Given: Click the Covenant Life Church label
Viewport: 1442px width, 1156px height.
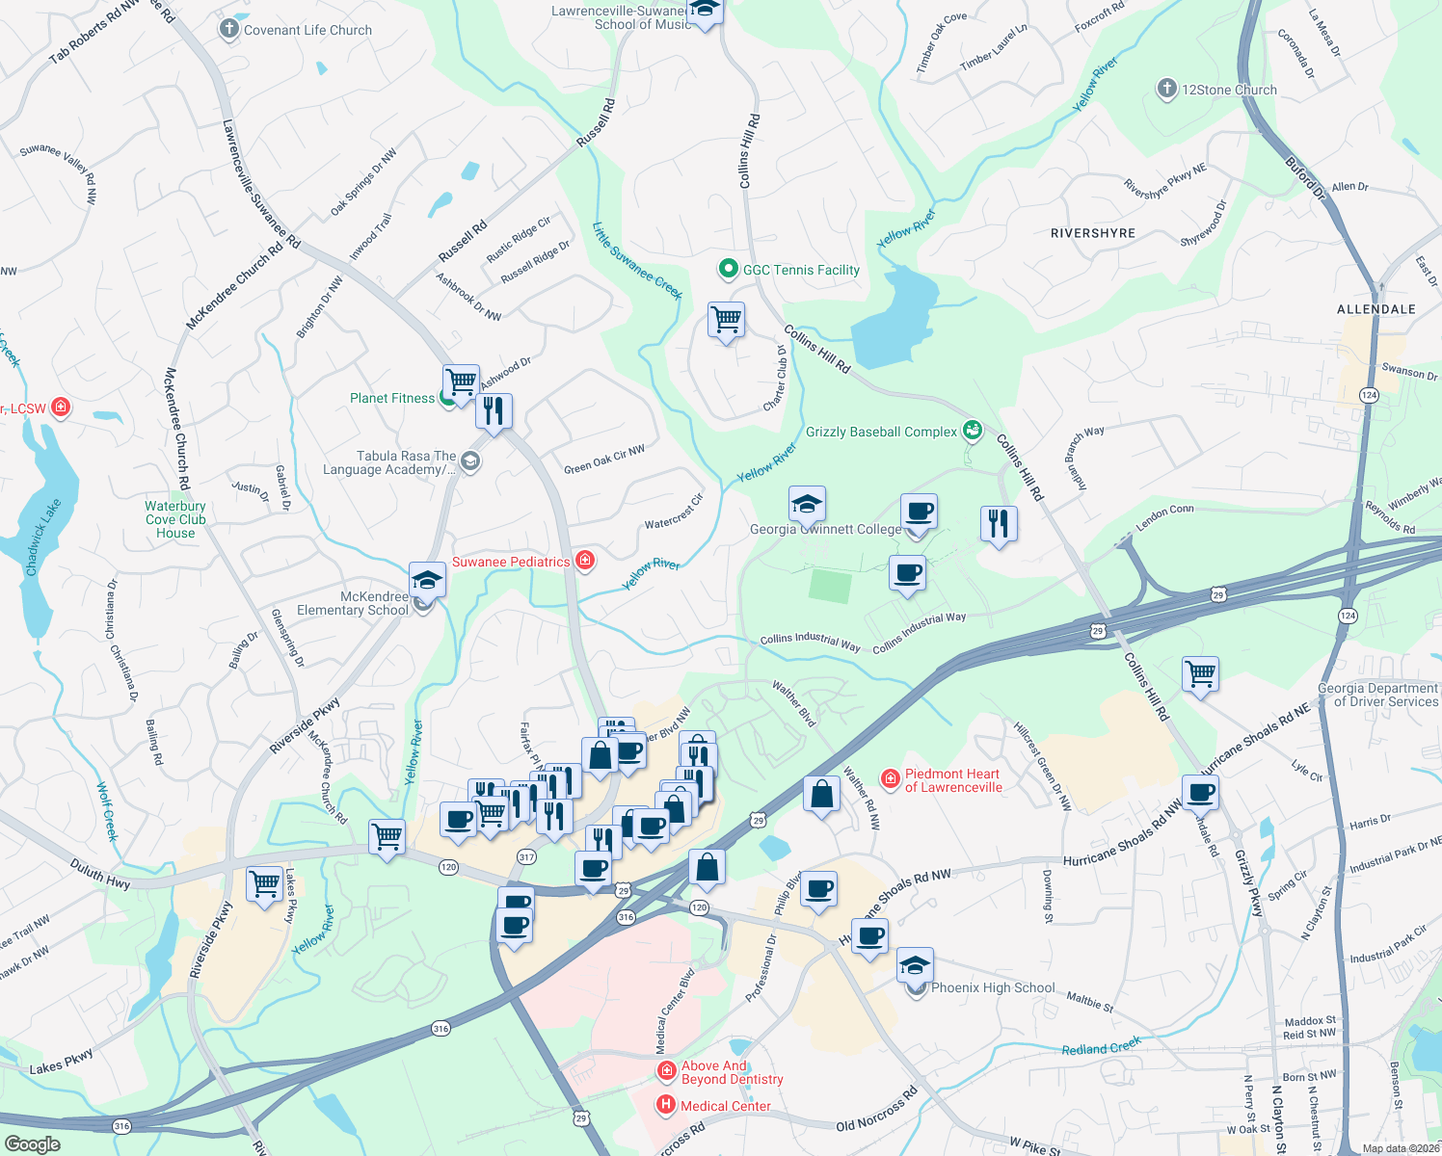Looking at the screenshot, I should pos(307,30).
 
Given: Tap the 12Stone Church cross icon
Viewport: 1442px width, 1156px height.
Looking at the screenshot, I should pos(1166,90).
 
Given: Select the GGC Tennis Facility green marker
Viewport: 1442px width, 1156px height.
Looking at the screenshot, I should pos(729,270).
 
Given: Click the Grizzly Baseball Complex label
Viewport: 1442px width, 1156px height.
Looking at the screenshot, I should pos(881,432).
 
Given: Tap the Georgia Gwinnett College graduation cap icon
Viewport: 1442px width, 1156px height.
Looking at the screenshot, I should pos(807,504).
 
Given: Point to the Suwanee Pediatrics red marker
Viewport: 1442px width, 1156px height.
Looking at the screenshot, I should pos(584,561).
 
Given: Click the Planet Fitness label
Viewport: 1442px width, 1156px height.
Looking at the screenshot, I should pos(392,398).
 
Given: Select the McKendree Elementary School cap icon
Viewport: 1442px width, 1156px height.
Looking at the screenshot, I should pos(427,581).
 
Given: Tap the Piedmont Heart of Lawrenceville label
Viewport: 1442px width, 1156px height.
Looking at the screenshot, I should pos(952,780).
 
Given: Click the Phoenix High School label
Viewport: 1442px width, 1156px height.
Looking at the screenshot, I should pos(993,987).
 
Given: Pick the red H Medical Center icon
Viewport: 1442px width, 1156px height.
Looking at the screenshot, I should pos(665,1105).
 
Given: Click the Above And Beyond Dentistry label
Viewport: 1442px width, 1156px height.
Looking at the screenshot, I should pos(732,1072).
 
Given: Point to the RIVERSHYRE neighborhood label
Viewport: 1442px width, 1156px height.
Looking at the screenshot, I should pos(1093,233).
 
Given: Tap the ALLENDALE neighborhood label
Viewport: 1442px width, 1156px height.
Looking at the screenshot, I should pos(1375,309).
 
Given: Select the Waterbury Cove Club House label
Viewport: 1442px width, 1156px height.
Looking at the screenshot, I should pos(175,519).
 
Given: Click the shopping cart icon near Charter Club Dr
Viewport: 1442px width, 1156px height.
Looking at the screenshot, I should pos(726,319).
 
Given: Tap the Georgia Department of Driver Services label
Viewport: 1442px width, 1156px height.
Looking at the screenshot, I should pos(1377,695).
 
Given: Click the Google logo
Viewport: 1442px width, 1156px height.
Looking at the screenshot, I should pos(32,1144).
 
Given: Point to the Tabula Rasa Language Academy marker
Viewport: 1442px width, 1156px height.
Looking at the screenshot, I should pos(469,461).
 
